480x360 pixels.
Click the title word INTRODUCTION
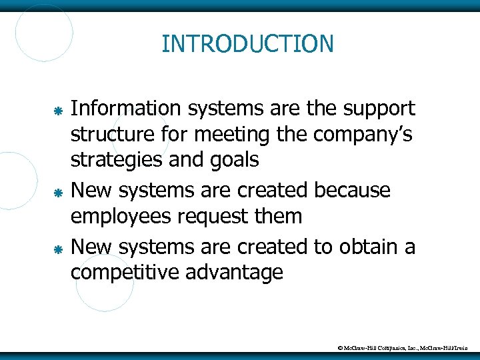coord(247,44)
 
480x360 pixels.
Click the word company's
coord(363,135)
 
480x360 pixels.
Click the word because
coord(351,191)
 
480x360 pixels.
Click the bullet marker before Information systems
coord(58,109)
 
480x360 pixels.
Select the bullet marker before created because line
coord(58,192)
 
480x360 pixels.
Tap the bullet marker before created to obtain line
coord(58,249)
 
